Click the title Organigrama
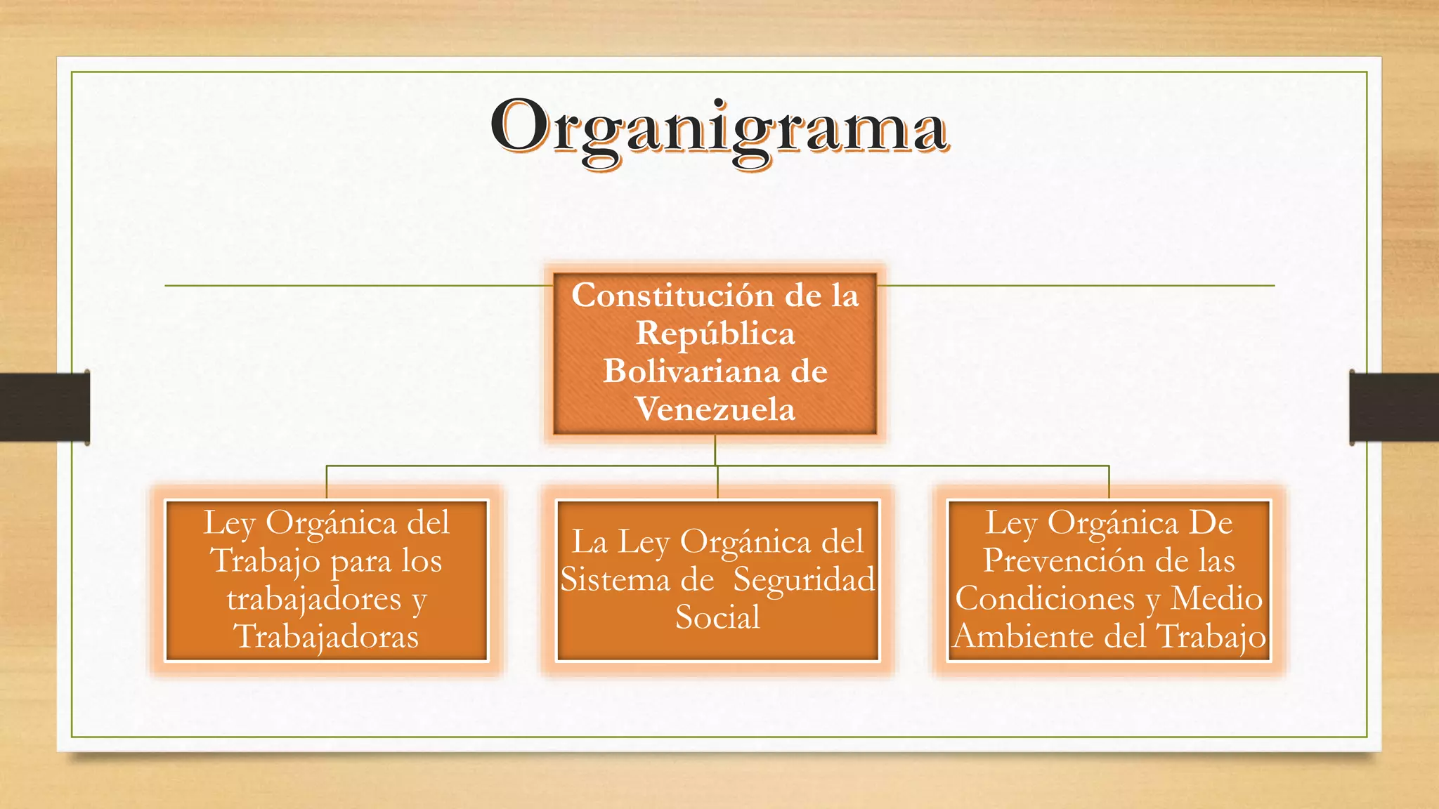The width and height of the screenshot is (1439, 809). (719, 130)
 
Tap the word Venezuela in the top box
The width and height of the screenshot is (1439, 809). (715, 409)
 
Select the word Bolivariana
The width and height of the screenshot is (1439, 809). (691, 371)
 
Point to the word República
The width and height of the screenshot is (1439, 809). (715, 334)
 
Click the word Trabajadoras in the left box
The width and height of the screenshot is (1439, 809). (326, 637)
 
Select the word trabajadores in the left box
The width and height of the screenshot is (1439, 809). (314, 599)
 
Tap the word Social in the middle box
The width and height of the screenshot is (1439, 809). (717, 618)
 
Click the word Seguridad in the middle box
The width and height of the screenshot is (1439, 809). (805, 580)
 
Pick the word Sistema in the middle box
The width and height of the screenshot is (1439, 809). (606, 580)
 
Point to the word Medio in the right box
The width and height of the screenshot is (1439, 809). (1216, 599)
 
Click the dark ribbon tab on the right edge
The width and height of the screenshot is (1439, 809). (1394, 407)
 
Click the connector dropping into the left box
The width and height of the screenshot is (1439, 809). (327, 482)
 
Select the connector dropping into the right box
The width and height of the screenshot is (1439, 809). (1109, 482)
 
